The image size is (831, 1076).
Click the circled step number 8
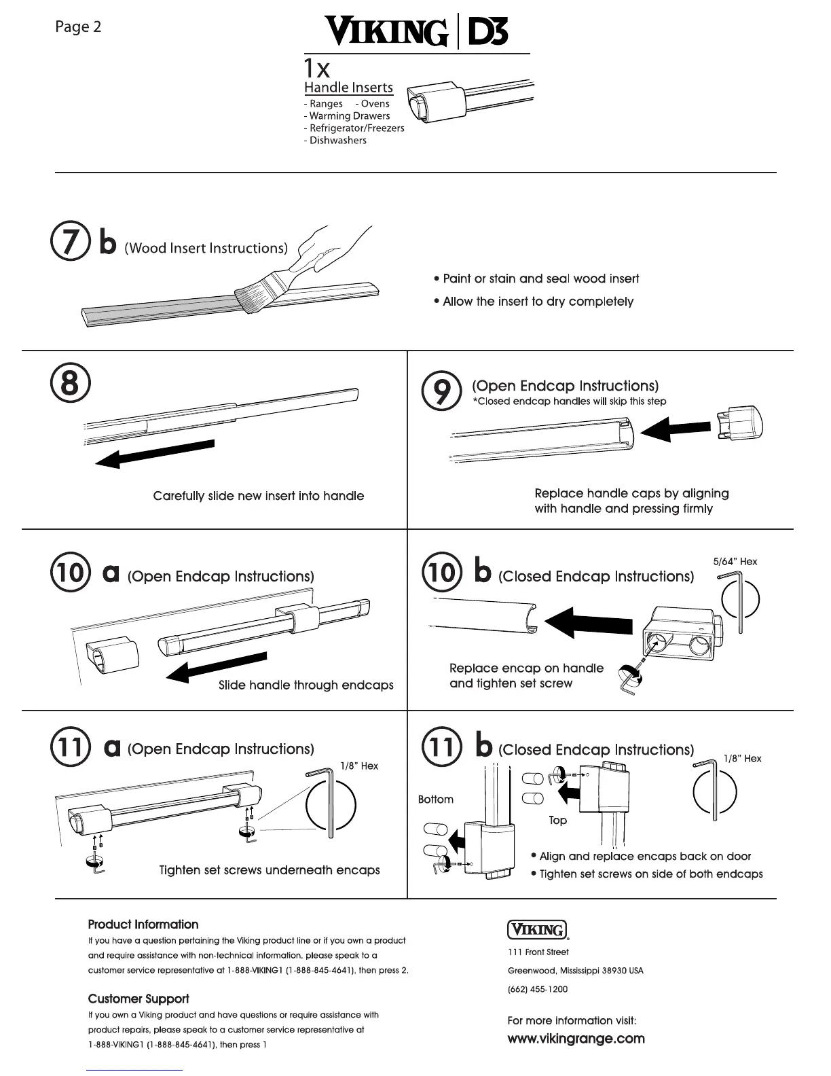69,383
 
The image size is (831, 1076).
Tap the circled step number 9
442,392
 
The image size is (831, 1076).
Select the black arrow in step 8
155,453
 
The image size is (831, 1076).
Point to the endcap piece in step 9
739,423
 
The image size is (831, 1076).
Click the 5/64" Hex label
735,562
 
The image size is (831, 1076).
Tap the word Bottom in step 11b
436,800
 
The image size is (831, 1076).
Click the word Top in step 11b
557,821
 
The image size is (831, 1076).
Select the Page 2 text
78,27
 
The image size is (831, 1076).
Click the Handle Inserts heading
348,88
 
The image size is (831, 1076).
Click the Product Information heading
143,925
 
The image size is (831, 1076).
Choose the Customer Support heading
138,999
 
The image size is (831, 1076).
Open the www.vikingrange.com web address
576,1039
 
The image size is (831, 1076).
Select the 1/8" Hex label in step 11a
359,766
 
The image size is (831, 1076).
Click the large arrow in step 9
675,429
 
